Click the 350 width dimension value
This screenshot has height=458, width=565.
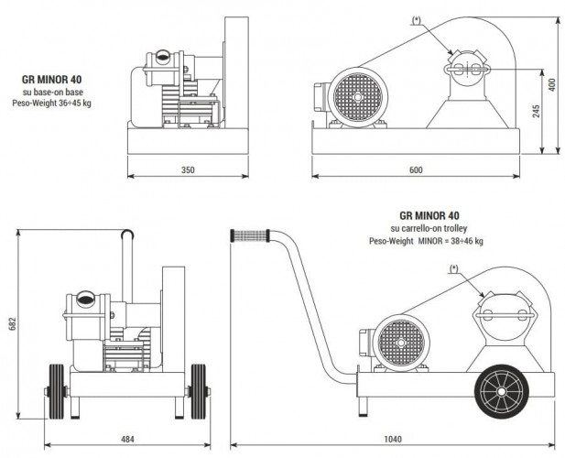(x=188, y=170)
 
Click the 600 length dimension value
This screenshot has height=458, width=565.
(x=417, y=170)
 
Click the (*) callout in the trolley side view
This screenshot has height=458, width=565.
(x=453, y=268)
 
